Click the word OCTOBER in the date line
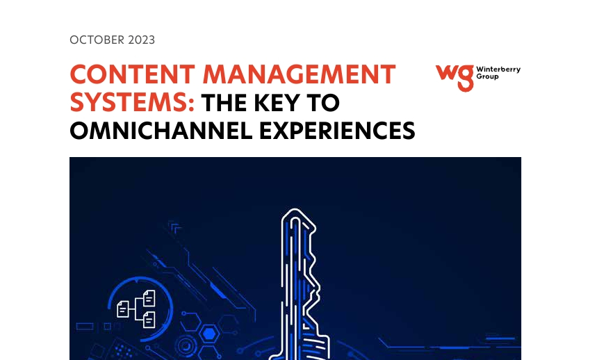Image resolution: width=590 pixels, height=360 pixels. [x=97, y=40]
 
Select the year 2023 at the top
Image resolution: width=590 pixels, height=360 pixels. [x=142, y=40]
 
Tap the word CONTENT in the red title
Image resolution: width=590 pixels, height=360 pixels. [x=133, y=74]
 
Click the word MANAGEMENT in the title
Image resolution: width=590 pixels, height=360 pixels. [x=299, y=74]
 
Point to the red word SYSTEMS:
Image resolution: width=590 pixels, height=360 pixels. [x=132, y=102]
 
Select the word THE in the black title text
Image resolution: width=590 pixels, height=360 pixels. [x=224, y=103]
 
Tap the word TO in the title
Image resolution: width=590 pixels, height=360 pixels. [x=323, y=103]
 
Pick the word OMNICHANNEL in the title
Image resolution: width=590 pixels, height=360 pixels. [x=161, y=131]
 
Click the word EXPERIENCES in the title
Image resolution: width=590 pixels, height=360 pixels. [x=337, y=131]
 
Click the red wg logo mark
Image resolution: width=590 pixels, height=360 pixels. [x=454, y=78]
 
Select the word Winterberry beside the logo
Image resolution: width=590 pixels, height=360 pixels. [x=498, y=69]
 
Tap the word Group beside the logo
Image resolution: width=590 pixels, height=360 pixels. [x=487, y=76]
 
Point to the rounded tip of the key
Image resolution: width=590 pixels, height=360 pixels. [x=296, y=209]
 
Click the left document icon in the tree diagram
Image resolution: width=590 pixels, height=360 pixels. [x=123, y=309]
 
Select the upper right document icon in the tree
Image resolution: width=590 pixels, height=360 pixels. [x=149, y=298]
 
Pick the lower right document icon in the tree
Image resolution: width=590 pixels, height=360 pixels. [x=149, y=320]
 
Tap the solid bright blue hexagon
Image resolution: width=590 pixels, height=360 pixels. [x=209, y=334]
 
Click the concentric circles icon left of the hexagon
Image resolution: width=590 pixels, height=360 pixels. [x=185, y=345]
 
